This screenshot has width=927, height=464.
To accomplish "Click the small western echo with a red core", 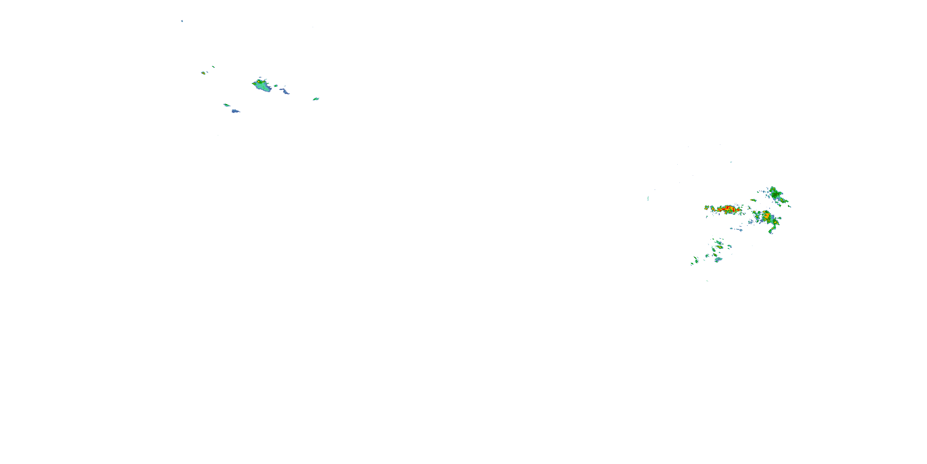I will (203, 73).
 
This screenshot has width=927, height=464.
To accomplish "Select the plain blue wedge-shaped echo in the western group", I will (235, 111).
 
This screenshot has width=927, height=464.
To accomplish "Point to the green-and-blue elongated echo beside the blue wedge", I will (227, 105).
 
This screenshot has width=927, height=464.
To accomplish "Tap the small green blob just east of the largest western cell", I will (276, 86).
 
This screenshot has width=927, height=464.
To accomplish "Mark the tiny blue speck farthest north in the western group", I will (182, 21).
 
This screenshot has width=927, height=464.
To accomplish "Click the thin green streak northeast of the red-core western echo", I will (214, 67).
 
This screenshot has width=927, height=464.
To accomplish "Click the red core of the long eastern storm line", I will (728, 208).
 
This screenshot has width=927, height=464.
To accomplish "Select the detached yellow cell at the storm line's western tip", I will (707, 207).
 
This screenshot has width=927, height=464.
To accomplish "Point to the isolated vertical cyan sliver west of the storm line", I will (648, 199).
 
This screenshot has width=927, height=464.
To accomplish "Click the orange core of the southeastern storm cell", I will (767, 217).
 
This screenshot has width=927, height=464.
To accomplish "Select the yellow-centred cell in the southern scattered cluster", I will (720, 247).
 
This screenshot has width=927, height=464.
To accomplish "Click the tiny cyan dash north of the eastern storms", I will (731, 162).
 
